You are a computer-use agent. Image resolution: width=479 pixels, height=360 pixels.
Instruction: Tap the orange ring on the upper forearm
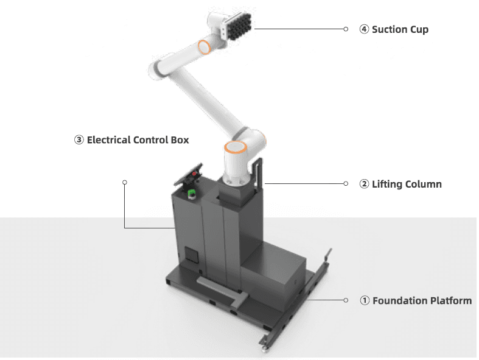click(205, 47)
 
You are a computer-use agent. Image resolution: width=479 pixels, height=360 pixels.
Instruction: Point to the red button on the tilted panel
click(195, 174)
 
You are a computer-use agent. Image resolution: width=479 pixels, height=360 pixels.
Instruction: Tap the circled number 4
click(364, 29)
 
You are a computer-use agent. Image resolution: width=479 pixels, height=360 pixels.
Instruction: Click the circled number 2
click(364, 184)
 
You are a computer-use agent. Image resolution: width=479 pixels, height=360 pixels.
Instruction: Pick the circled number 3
click(79, 140)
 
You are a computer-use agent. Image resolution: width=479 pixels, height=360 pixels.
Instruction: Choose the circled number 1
click(364, 300)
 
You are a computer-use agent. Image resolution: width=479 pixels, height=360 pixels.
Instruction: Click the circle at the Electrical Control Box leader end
click(125, 182)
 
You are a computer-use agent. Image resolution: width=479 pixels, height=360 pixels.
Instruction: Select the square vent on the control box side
click(192, 255)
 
